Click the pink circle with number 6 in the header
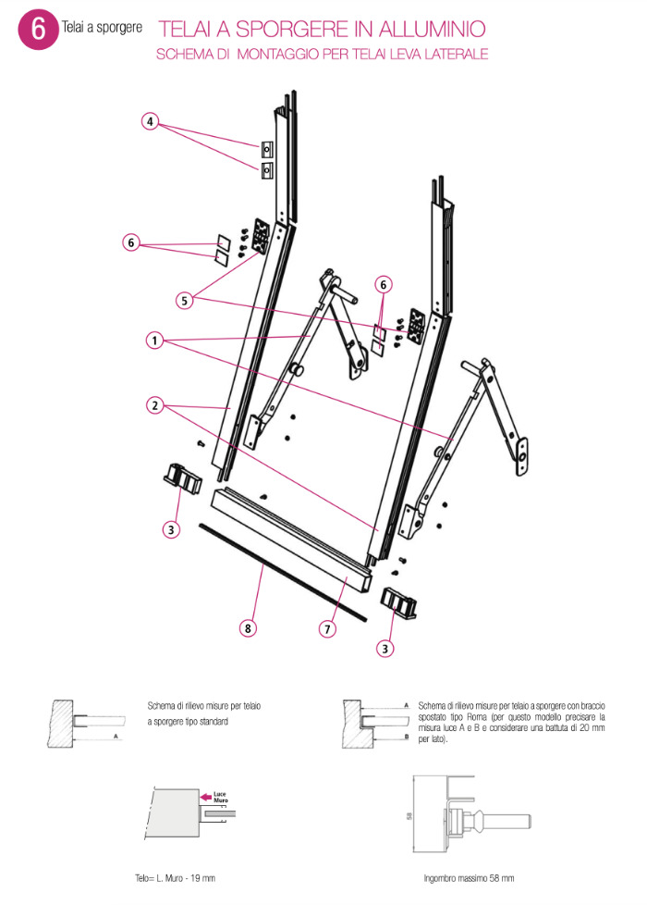pos(38,29)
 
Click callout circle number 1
pos(153,341)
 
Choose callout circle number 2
pos(153,405)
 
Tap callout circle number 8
pos(247,628)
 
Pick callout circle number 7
pos(326,628)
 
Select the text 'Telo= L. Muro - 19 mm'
pos(175,877)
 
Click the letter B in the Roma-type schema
pos(407,738)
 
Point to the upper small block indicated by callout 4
pos(266,148)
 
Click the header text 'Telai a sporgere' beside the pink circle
pos(102,29)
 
